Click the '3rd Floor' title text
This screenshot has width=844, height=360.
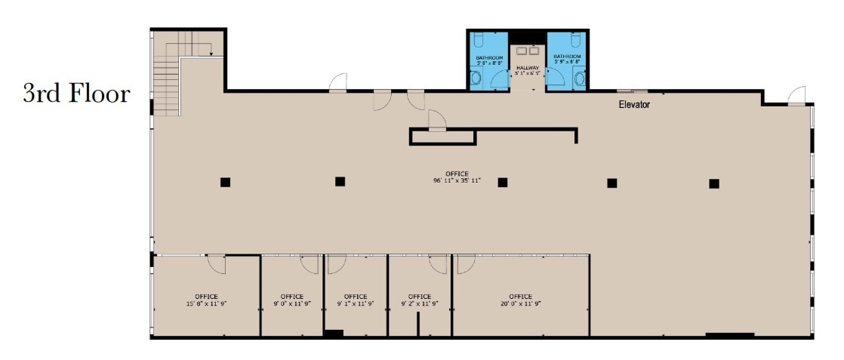[76, 94]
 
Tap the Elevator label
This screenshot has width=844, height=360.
[634, 105]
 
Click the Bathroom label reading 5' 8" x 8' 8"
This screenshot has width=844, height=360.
[489, 59]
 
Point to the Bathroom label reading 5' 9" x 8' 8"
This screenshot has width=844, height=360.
[567, 59]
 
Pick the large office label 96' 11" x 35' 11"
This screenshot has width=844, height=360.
[457, 177]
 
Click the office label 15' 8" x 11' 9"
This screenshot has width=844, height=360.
[206, 300]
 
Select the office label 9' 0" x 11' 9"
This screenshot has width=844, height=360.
[292, 300]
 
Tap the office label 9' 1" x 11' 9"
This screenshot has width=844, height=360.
[356, 300]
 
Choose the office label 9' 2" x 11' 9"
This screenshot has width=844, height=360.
[420, 300]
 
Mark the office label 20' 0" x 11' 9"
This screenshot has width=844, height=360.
[520, 300]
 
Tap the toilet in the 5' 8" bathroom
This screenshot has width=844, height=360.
[476, 78]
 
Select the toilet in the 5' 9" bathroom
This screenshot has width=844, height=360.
[579, 77]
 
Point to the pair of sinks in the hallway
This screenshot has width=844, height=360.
[528, 51]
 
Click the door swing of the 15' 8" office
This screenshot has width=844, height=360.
[216, 264]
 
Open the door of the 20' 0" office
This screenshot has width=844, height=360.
[466, 263]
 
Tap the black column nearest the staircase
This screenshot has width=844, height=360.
[225, 182]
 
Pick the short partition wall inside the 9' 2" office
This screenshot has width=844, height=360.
[417, 324]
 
